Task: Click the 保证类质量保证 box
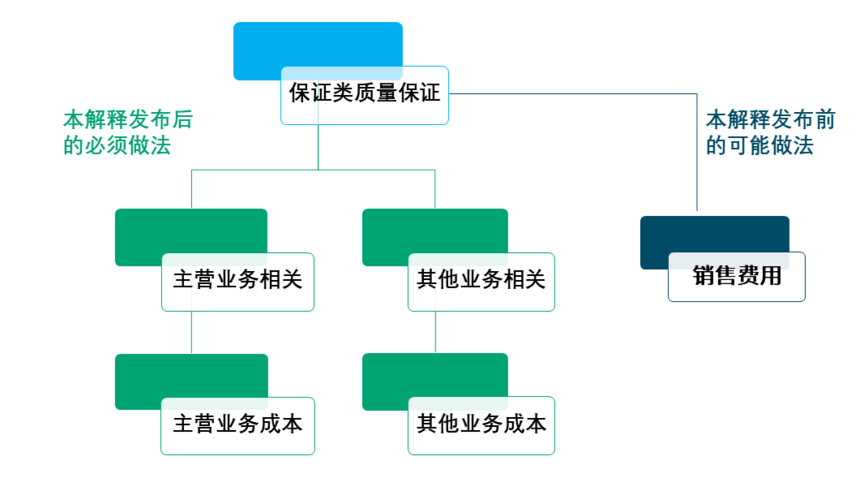(365, 95)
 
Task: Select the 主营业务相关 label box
(238, 282)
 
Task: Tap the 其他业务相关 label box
(481, 282)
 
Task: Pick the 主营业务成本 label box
(238, 425)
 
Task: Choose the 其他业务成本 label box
(481, 425)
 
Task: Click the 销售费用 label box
(737, 277)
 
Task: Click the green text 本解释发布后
(128, 120)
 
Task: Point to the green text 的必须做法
(118, 146)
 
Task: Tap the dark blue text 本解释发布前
(770, 120)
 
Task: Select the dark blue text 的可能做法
(760, 146)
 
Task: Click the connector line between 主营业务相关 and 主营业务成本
(191, 333)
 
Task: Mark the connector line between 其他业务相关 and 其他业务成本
(436, 332)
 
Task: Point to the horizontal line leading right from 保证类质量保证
(567, 93)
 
